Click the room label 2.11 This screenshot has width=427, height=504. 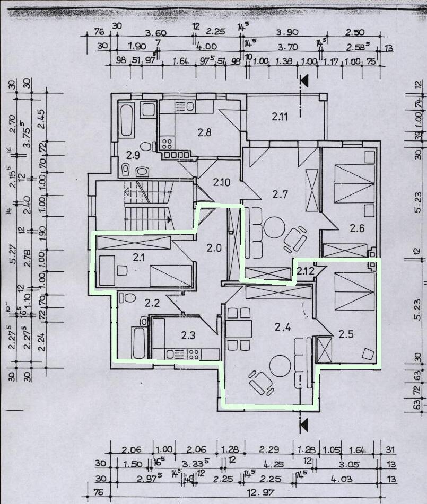coord(280,117)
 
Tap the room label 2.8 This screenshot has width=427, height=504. coord(204,132)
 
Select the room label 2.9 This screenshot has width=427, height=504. coord(133,155)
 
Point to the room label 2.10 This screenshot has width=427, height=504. coord(222,183)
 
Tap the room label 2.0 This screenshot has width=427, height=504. coord(213,248)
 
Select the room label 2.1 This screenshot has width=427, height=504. coord(139,258)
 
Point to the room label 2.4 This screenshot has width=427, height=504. coord(283,327)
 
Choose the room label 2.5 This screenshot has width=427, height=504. coord(346,334)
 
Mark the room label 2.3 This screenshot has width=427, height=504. coord(188,335)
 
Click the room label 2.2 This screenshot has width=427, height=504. coord(152,303)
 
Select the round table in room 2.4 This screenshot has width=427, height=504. coord(280,366)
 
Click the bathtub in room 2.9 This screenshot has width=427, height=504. coord(126,121)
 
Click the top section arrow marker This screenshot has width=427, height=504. coord(304,81)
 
